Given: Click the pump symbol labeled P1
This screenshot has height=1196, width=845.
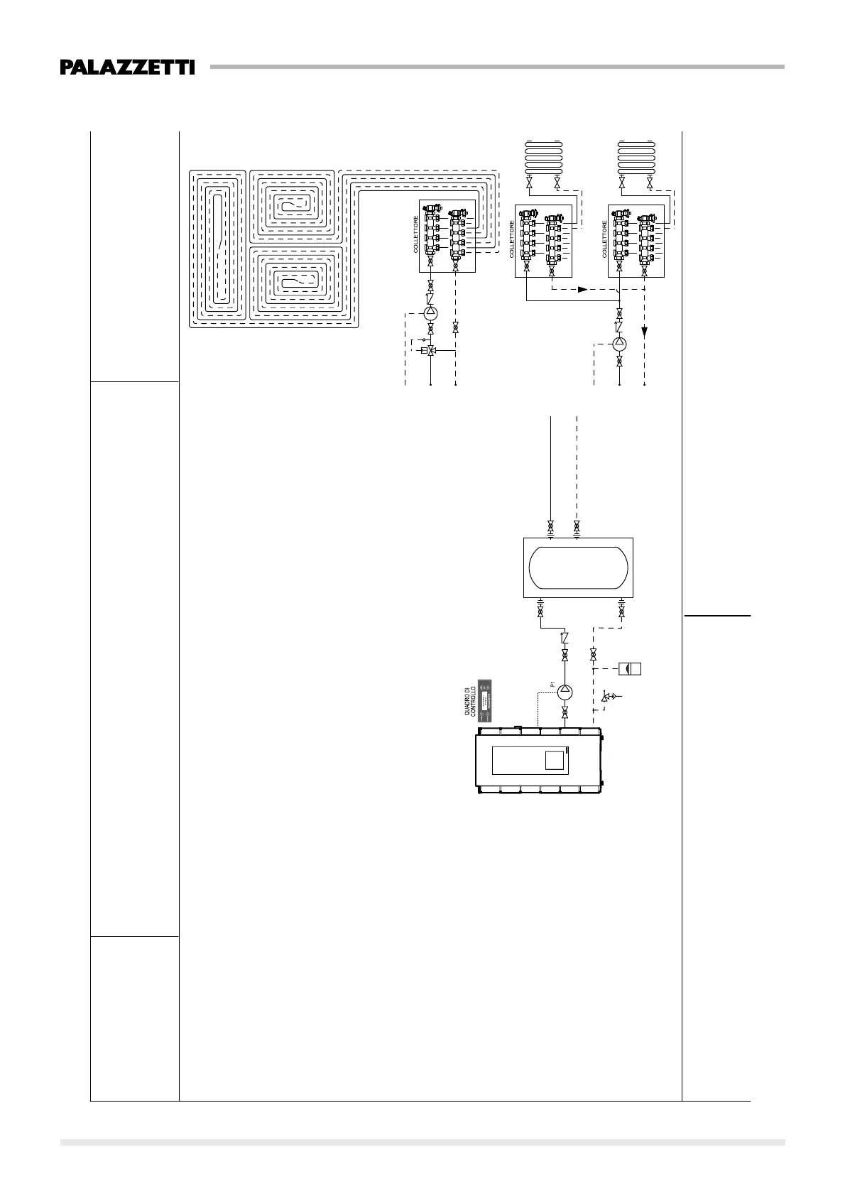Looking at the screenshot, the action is [566, 690].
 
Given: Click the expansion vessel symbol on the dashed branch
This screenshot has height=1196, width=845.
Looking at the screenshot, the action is [630, 668].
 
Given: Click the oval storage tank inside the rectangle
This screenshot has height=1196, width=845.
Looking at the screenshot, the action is [577, 567].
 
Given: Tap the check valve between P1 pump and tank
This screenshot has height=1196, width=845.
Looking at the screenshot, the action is [565, 638].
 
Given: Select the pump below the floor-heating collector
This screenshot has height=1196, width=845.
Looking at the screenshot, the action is [431, 314].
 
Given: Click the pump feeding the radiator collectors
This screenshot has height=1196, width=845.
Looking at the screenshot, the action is [620, 344].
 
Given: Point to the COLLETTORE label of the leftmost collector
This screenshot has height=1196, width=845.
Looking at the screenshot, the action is [417, 235].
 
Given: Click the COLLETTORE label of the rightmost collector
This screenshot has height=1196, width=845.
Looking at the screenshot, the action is [606, 239].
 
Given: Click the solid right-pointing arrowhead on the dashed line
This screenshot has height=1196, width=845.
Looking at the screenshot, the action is [582, 289].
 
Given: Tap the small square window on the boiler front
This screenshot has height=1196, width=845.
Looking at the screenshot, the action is [555, 761].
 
